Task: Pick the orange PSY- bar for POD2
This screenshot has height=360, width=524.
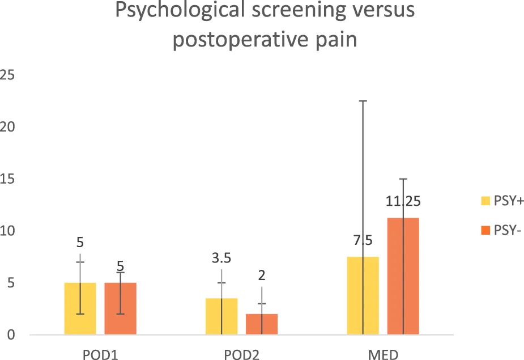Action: (262, 324)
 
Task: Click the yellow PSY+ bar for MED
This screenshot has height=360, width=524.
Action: (363, 295)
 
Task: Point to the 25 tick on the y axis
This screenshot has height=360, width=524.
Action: (8, 75)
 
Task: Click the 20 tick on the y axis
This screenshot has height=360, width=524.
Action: (8, 127)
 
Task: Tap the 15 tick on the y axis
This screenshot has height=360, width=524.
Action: (8, 179)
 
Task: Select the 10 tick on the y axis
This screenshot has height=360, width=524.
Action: (8, 231)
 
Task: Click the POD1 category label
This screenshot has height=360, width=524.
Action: (100, 354)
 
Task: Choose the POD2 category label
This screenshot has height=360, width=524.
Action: (241, 354)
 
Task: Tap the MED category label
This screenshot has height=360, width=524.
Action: (382, 354)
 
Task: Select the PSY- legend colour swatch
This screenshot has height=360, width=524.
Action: (485, 231)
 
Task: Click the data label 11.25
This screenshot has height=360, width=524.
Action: (403, 201)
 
